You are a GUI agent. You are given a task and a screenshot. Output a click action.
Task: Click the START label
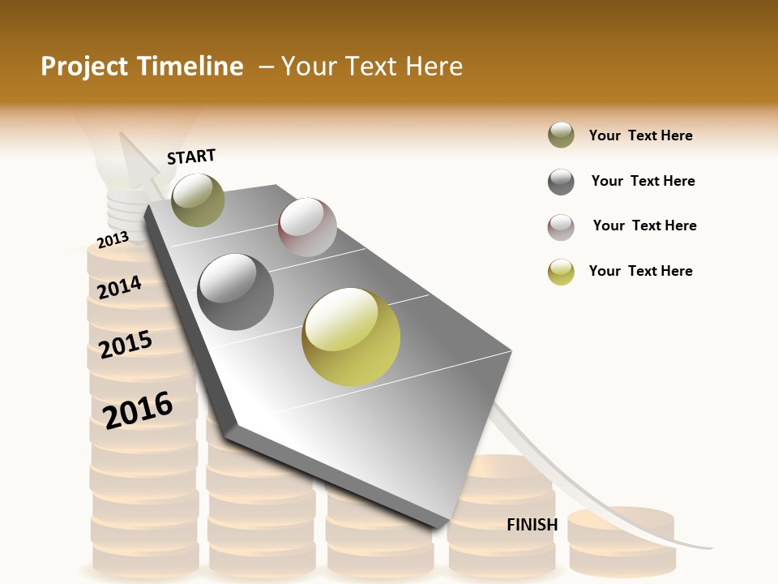coord(191,157)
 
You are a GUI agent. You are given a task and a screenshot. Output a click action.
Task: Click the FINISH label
coord(532,525)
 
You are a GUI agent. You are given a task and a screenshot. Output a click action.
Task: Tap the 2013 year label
coord(113,239)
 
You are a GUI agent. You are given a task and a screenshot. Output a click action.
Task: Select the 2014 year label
coord(119,287)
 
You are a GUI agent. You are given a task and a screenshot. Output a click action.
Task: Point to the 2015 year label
coord(126,344)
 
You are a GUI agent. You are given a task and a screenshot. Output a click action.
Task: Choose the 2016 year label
coord(138,410)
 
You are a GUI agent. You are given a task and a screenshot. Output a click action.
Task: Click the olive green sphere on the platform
coord(198,200)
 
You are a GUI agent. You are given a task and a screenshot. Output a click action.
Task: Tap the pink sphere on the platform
coord(307,227)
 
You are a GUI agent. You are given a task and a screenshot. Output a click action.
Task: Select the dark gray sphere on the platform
coord(236,292)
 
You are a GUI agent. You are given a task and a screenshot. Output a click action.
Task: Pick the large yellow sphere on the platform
coord(351,337)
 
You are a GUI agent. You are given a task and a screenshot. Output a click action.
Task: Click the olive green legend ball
coord(561,135)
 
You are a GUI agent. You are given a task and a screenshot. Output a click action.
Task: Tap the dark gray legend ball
coord(561,182)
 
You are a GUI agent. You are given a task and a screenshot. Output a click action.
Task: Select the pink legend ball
coord(561,227)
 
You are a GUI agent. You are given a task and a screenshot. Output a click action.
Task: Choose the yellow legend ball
coord(561,272)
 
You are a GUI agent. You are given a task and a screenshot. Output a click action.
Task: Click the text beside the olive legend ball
coord(640,135)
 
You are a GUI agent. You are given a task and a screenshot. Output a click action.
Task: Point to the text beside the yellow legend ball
coord(640,271)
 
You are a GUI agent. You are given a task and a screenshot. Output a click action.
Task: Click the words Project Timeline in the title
coord(142,67)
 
